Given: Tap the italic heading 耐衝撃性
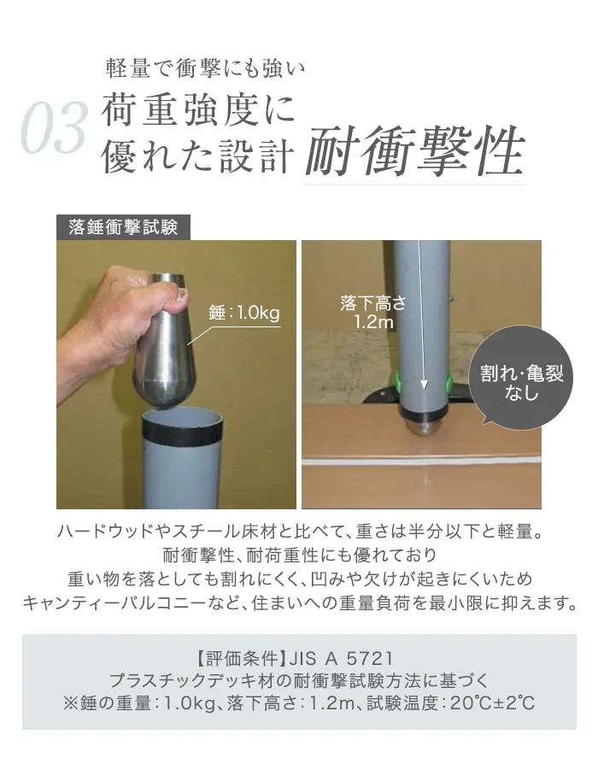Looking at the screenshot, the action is tap(415, 150).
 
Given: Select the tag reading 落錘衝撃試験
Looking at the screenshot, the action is tap(123, 227).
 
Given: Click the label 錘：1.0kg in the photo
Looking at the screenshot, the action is tap(244, 312).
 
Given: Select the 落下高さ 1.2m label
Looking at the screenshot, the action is tap(373, 312).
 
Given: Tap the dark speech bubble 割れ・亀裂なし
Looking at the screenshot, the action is tap(521, 378).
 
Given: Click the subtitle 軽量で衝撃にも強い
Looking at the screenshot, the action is tap(205, 68).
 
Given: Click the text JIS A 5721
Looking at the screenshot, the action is tap(341, 657).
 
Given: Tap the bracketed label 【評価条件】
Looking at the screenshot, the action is tap(241, 658).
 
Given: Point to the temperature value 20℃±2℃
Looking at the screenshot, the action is tap(492, 703).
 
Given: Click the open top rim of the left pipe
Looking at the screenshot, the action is tap(182, 417).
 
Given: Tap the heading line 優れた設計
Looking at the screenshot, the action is tap(198, 156).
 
